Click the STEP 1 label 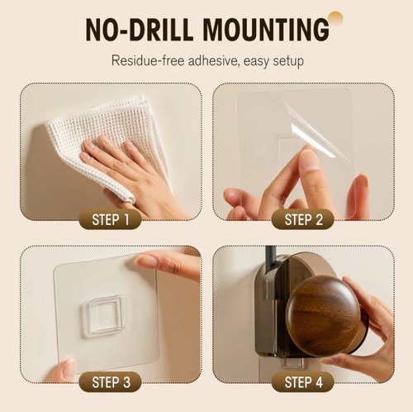coord(110,220)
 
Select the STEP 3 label coord(110,382)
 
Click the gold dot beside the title coord(335,17)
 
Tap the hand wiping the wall coord(124,165)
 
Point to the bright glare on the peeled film coord(319,137)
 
